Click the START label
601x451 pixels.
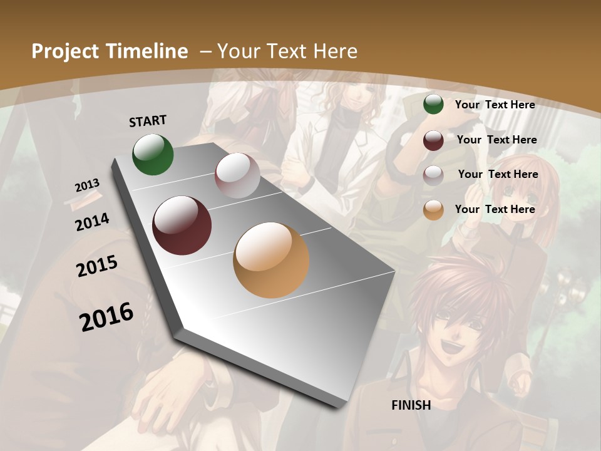148,121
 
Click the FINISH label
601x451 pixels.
411,405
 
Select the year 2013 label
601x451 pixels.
88,185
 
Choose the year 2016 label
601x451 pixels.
106,316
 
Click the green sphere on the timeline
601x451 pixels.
153,154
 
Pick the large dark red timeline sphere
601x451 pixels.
182,225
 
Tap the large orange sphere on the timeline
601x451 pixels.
271,260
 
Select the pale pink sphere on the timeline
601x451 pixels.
237,175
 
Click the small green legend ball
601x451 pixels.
433,105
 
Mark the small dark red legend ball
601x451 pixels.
433,140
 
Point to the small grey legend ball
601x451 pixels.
433,175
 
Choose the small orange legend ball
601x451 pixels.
433,210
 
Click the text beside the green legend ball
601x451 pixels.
495,105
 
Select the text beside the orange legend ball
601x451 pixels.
495,209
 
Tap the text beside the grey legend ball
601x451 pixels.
498,174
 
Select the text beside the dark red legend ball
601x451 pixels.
496,140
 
